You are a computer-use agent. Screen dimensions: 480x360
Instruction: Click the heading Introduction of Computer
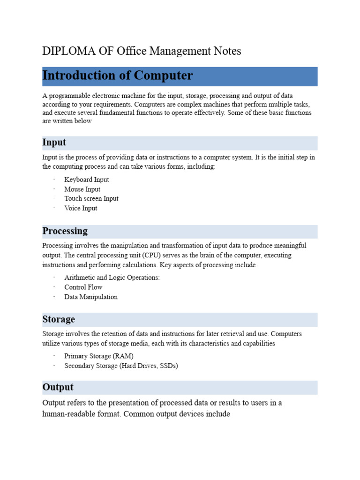pos(117,75)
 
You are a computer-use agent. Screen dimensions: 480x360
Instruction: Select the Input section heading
pos(54,142)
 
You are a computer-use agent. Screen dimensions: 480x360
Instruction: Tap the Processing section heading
pos(65,231)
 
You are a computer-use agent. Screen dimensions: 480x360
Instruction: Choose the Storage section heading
pos(59,319)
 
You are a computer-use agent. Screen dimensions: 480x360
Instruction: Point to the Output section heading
pos(58,387)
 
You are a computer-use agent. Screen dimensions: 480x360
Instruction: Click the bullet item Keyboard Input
pos(87,180)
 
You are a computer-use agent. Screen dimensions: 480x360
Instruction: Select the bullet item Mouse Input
pos(82,189)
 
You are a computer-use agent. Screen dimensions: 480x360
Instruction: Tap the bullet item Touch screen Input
pos(91,199)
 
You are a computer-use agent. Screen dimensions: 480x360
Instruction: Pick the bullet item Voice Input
pos(81,208)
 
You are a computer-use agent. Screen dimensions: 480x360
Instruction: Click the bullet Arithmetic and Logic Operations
pos(112,277)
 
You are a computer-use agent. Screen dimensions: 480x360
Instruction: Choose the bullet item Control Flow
pos(83,287)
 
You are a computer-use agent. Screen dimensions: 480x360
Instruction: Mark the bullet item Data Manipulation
pos(91,297)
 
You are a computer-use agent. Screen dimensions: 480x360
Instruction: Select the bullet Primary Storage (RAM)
pos(93,356)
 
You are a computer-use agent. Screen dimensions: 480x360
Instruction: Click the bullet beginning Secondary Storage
pos(121,366)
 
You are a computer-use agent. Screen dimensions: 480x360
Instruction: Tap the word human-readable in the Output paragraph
pos(71,414)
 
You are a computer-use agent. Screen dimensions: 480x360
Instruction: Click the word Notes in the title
pos(227,51)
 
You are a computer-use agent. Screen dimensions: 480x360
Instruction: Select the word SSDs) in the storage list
pos(168,366)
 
